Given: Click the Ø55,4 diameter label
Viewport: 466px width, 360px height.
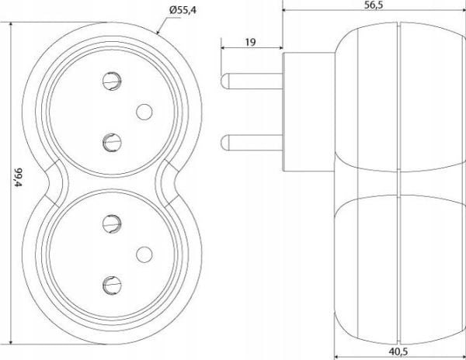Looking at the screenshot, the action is pyautogui.click(x=183, y=10).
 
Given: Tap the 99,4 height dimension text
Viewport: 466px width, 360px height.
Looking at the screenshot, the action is pyautogui.click(x=19, y=178).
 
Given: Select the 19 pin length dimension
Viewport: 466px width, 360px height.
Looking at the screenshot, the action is pyautogui.click(x=251, y=42).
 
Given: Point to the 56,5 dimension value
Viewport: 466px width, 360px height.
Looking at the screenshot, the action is pyautogui.click(x=374, y=5).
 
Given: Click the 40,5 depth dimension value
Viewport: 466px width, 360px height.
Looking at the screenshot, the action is pyautogui.click(x=398, y=351).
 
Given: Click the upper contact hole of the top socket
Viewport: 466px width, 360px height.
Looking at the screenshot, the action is pyautogui.click(x=112, y=81).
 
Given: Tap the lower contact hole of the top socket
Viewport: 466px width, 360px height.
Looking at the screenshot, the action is pyautogui.click(x=112, y=143).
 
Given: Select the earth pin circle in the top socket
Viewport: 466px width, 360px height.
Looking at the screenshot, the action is pyautogui.click(x=144, y=112).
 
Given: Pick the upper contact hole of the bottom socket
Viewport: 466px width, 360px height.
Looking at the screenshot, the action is pyautogui.click(x=112, y=223).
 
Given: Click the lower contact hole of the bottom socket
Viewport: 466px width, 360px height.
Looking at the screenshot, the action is pyautogui.click(x=112, y=286).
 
